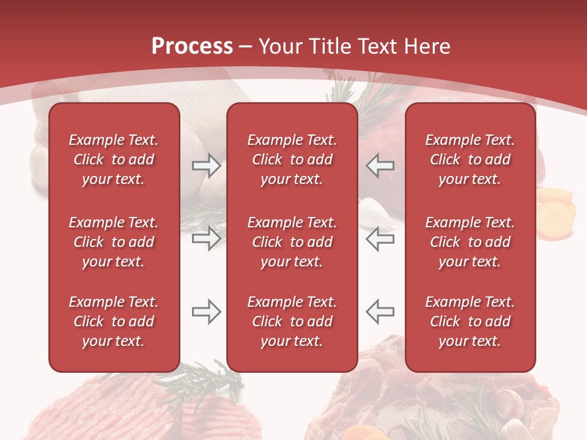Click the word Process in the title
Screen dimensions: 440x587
point(192,46)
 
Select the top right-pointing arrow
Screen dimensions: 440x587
point(206,166)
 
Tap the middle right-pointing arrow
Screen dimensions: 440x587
point(206,238)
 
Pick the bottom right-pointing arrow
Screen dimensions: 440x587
point(206,312)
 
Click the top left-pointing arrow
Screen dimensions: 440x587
point(380,166)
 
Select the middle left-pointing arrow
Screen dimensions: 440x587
point(380,238)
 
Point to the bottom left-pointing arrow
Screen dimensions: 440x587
point(380,312)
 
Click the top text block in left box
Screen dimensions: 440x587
point(114,159)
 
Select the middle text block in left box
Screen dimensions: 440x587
point(114,242)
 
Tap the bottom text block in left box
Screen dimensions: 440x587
point(114,321)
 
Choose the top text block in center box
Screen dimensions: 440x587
point(292,159)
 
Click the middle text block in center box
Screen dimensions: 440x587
point(292,242)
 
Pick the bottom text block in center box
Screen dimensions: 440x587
point(292,321)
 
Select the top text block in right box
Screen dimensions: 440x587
point(470,159)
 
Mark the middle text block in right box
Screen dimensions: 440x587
point(470,242)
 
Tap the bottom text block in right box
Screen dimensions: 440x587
point(470,321)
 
